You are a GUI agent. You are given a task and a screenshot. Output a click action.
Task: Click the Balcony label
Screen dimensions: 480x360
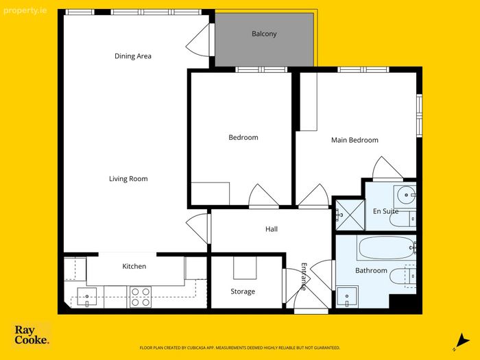264,34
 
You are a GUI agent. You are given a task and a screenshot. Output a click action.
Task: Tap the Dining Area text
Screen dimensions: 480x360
133,56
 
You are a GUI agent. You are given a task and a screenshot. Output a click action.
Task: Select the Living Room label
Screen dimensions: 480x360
128,179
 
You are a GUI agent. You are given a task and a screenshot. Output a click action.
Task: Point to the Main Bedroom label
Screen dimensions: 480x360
355,140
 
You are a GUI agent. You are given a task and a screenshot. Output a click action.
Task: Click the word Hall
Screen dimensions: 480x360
272,229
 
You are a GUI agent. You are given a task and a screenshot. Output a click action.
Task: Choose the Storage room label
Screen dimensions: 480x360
243,291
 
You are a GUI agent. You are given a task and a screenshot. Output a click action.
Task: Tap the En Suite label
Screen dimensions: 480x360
385,211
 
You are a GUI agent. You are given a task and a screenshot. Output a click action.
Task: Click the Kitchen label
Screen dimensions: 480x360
134,266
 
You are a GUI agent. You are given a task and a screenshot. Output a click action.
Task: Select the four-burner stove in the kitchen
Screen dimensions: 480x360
141,297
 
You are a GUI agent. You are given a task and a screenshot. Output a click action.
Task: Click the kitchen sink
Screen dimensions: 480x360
87,297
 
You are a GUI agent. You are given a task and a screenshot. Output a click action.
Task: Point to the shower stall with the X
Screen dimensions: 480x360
350,215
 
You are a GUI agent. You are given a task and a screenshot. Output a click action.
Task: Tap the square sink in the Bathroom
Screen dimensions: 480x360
347,297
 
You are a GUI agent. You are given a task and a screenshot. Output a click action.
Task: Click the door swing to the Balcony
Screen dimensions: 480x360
197,40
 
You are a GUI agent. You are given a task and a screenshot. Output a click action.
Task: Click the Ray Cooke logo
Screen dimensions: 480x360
32,335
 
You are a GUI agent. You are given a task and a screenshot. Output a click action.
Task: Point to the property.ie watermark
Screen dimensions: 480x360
25,11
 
